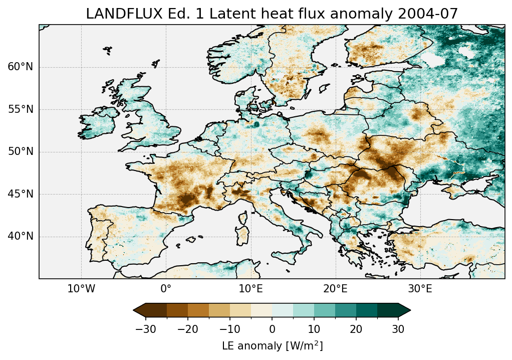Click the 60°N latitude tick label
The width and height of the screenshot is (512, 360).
click(21, 67)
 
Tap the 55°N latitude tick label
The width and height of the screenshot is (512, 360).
click(21, 109)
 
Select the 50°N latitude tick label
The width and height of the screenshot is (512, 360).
click(21, 151)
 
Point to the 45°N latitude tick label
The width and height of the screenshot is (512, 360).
click(21, 194)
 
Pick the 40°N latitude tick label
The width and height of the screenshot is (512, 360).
click(21, 236)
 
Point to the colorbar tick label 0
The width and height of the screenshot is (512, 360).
click(272, 329)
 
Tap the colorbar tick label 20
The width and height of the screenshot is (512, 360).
click(356, 329)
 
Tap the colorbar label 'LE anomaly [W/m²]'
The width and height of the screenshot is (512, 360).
click(272, 346)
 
